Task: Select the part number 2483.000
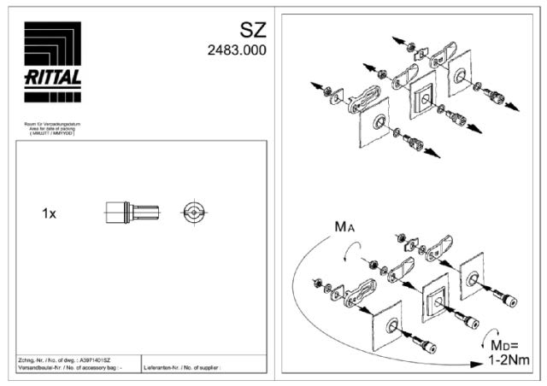tap(237, 50)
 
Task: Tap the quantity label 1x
tap(50, 213)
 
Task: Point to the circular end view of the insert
tap(195, 213)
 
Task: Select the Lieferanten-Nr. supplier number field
tap(184, 368)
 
